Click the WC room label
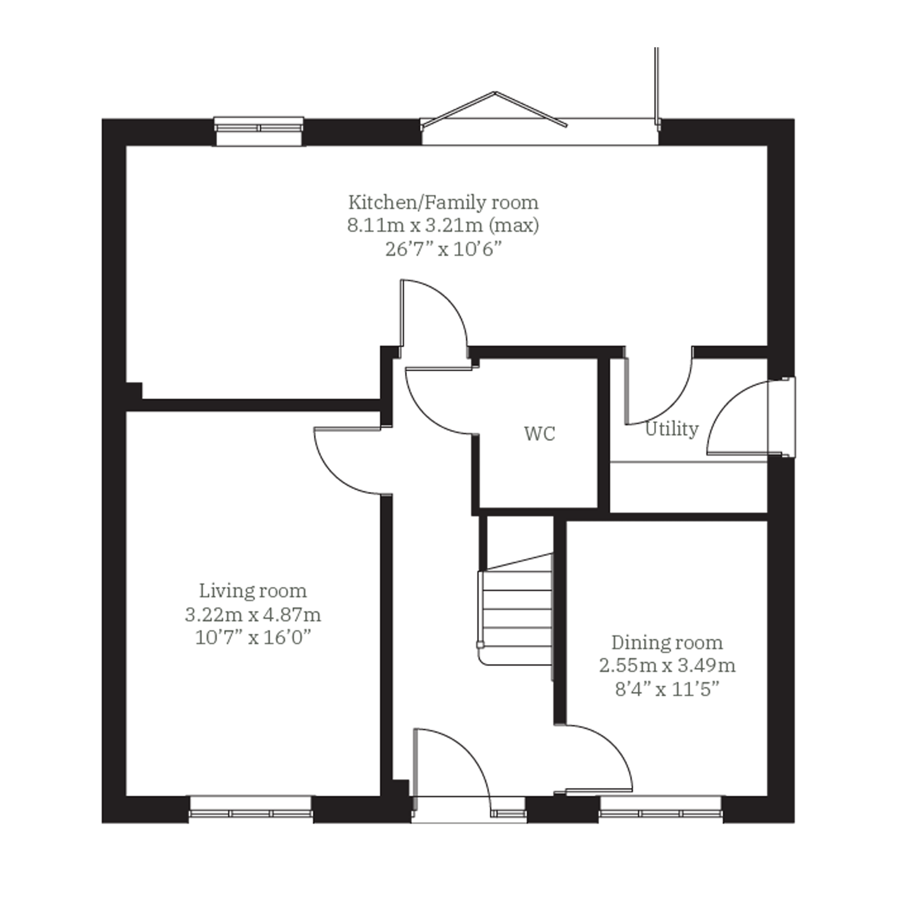(540, 434)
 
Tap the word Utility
(672, 429)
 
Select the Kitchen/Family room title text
(443, 203)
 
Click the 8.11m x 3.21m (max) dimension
(443, 226)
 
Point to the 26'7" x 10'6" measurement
(443, 250)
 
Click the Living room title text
(253, 591)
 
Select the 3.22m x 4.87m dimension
(253, 615)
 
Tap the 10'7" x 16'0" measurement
(253, 638)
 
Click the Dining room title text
(667, 643)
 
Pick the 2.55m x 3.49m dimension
(667, 666)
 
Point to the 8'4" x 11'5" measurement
(667, 689)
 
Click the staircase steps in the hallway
(515, 610)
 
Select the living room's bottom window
(251, 808)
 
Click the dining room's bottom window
(660, 808)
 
